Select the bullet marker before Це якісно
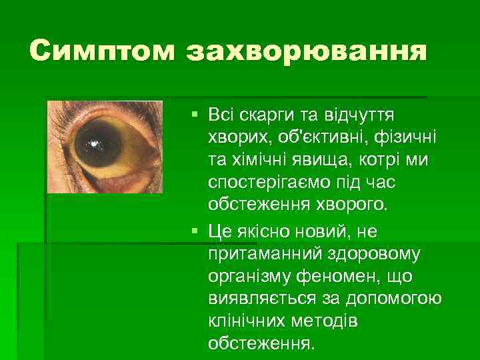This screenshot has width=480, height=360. (x=194, y=231)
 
